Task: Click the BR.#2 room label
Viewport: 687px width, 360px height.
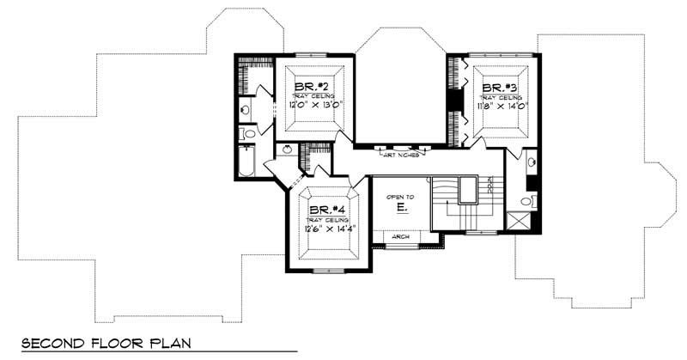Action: pos(309,87)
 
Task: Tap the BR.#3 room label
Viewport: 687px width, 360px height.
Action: pos(499,88)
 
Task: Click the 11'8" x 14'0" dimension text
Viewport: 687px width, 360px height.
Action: pos(501,107)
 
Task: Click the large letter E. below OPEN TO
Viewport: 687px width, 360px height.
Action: pos(401,209)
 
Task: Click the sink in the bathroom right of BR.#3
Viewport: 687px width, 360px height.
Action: pos(531,162)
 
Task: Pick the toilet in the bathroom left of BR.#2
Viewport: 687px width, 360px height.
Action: pos(247,134)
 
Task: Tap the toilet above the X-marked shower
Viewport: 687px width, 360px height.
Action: pos(528,201)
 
